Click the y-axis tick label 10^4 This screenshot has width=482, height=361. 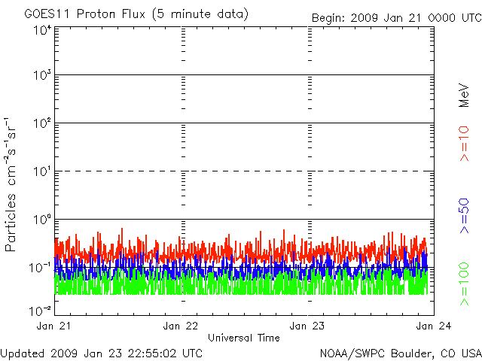(41, 30)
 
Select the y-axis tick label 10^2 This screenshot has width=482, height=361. (41, 124)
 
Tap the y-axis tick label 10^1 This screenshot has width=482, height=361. (41, 172)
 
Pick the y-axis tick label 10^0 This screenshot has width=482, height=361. (41, 220)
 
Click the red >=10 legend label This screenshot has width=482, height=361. (465, 143)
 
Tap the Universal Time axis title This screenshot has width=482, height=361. (244, 338)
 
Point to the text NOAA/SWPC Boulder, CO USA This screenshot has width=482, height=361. (400, 353)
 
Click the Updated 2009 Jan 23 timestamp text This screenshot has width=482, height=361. (102, 353)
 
